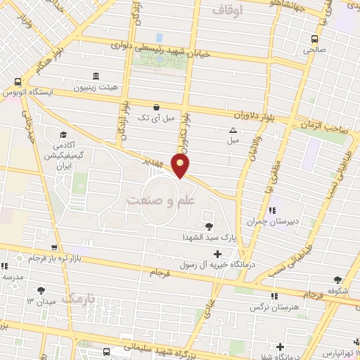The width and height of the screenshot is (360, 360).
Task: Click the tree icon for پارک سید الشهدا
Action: (x=208, y=226)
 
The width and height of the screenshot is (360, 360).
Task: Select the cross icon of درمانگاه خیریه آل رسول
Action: (x=217, y=254)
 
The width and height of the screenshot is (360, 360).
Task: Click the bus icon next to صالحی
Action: (x=314, y=39)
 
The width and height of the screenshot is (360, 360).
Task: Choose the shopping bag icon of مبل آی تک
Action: (x=165, y=106)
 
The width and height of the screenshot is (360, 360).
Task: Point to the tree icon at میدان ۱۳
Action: (x=42, y=290)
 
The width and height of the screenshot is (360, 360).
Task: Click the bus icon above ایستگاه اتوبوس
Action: (x=15, y=81)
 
